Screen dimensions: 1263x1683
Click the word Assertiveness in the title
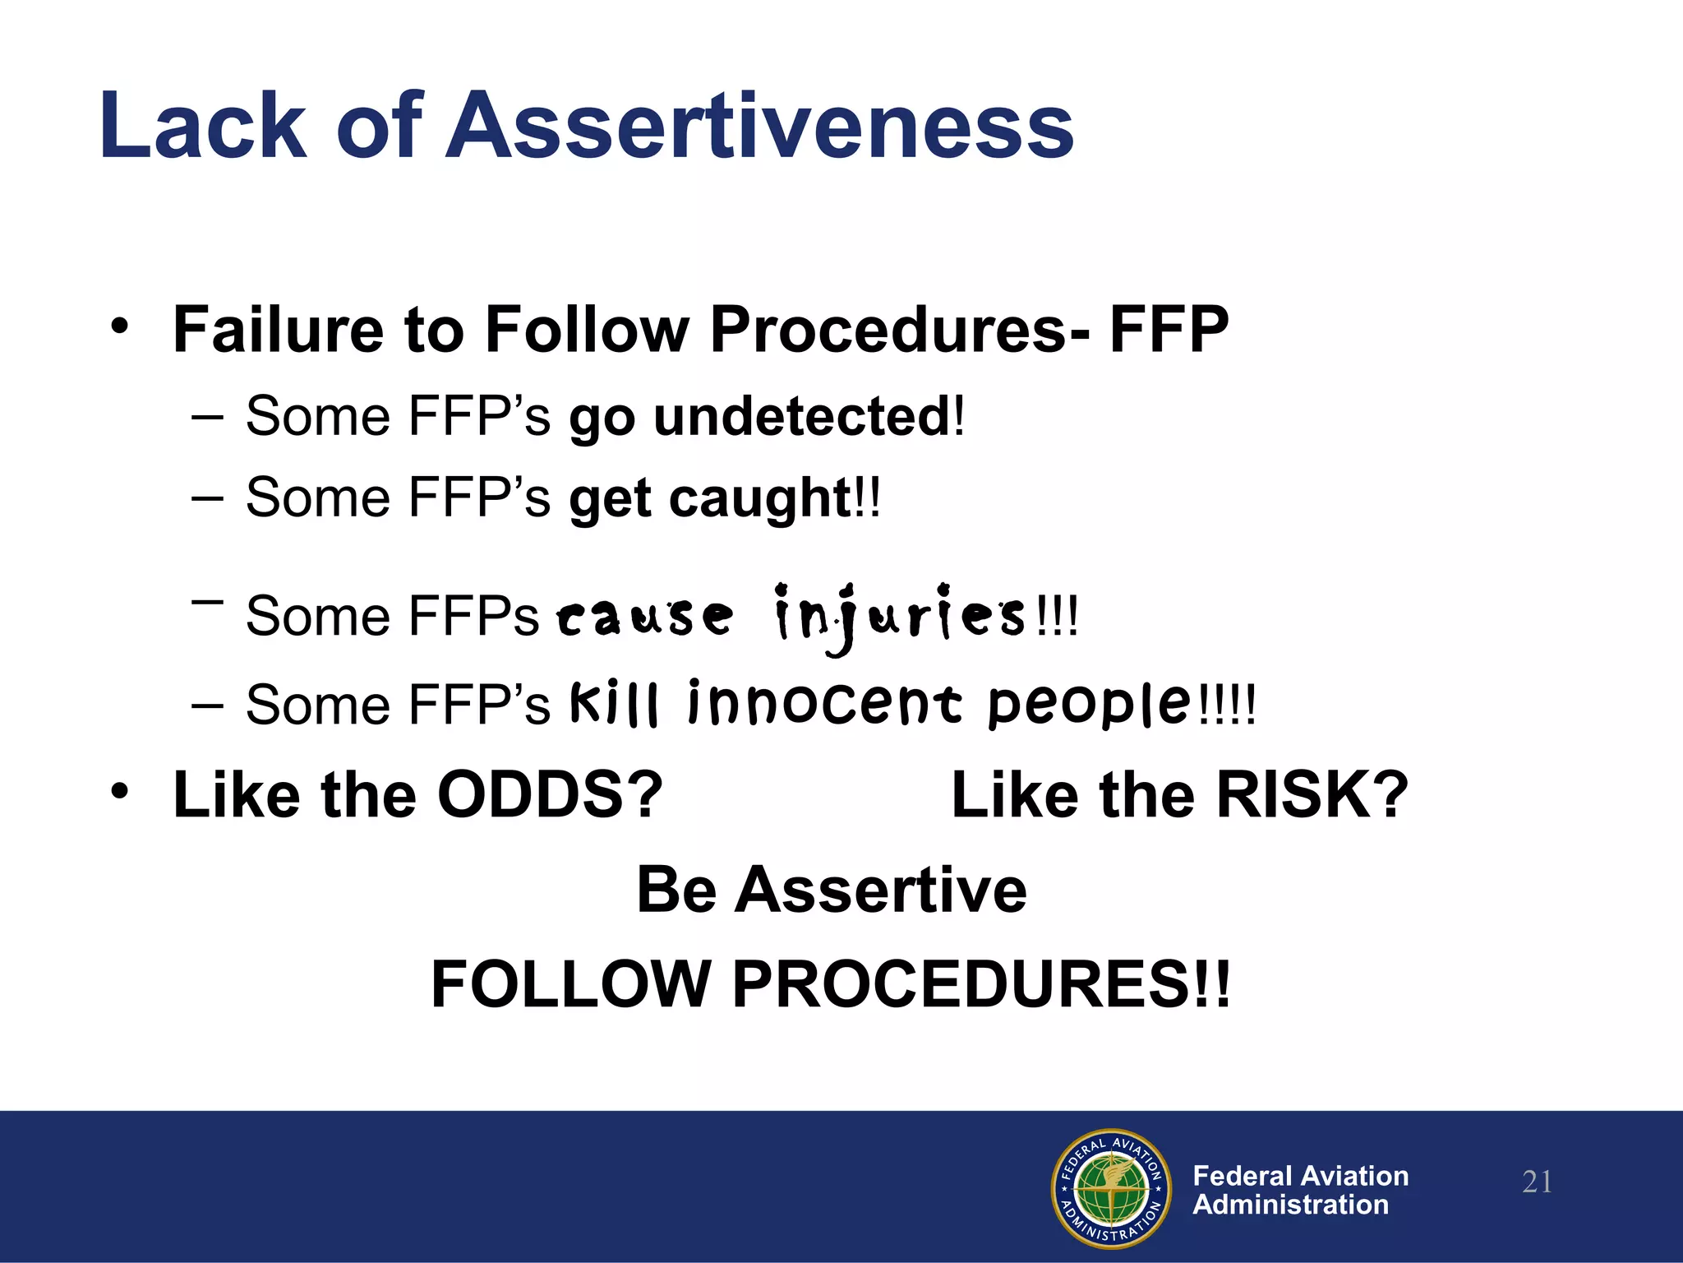pos(760,126)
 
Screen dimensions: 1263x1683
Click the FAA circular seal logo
pos(1111,1188)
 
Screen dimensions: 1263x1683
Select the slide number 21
pos(1537,1182)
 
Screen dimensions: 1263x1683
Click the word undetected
pos(801,417)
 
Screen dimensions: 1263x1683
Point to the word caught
pos(760,499)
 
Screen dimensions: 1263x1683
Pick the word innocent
pos(824,705)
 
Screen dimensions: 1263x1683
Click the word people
pos(1090,705)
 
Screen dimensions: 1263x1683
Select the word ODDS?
pos(549,795)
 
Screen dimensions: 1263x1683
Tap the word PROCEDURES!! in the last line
pos(981,984)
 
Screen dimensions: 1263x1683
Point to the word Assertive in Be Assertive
pos(880,891)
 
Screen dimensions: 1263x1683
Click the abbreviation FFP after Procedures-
pos(1169,330)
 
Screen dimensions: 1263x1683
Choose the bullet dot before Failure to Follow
pos(120,326)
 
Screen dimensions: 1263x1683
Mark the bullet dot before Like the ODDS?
pos(120,792)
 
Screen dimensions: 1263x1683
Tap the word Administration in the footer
pos(1290,1205)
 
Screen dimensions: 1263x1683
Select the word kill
pos(614,703)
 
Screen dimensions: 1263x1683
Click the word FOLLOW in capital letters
pos(571,984)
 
